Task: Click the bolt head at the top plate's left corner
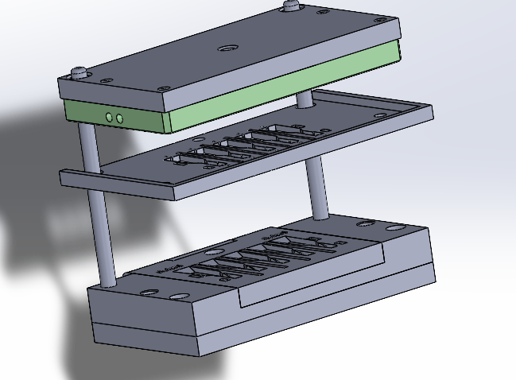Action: tap(80, 72)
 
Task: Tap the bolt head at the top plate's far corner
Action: tap(293, 6)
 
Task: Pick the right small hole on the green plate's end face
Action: tap(120, 118)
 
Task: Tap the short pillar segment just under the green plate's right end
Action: tap(305, 101)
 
